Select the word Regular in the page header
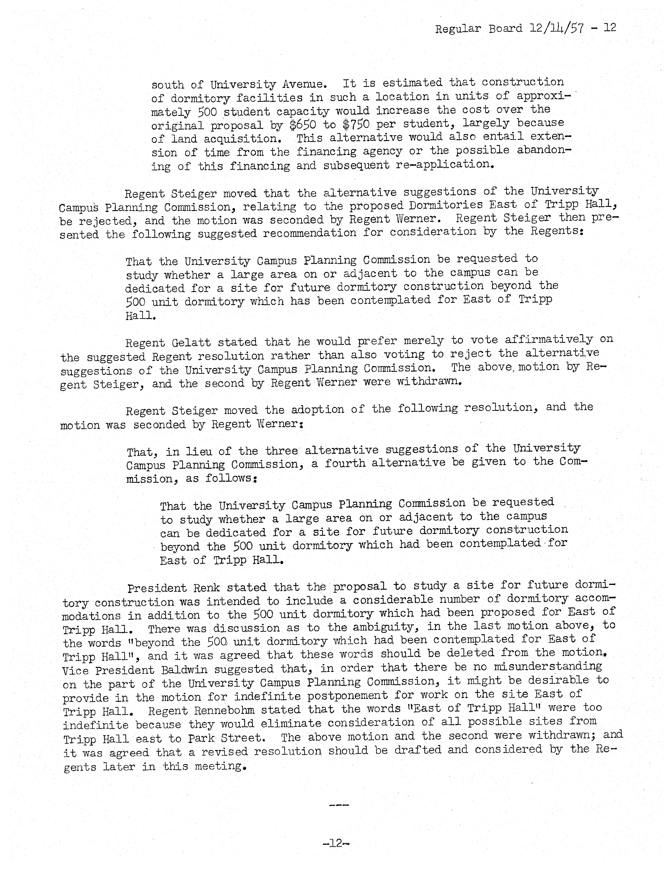pos(458,29)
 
